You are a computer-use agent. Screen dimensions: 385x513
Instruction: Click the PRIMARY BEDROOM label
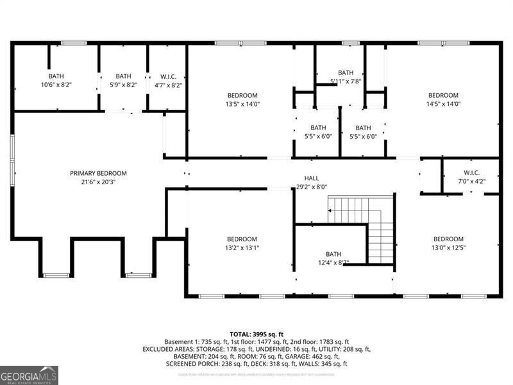click(x=98, y=173)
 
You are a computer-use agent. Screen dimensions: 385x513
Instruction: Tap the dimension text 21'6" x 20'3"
click(x=98, y=182)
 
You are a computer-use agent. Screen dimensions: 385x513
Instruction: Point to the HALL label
click(x=312, y=178)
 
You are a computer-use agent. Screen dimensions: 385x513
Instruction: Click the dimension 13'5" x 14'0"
click(x=242, y=104)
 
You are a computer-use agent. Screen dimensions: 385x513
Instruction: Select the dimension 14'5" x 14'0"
click(x=444, y=104)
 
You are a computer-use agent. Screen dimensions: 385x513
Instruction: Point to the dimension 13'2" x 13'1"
click(x=242, y=248)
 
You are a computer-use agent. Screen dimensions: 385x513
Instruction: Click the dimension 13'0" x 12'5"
click(x=448, y=248)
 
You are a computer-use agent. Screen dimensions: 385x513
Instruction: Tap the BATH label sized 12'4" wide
click(x=333, y=254)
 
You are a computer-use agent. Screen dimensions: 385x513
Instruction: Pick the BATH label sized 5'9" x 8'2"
click(x=123, y=76)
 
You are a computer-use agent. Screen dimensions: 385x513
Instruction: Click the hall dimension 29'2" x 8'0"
click(x=312, y=187)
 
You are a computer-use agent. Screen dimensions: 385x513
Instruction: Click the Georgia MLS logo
click(x=29, y=375)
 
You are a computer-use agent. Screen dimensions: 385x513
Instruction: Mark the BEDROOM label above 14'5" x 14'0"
click(x=444, y=96)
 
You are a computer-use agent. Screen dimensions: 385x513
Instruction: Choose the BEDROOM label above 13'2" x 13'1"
click(x=242, y=239)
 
